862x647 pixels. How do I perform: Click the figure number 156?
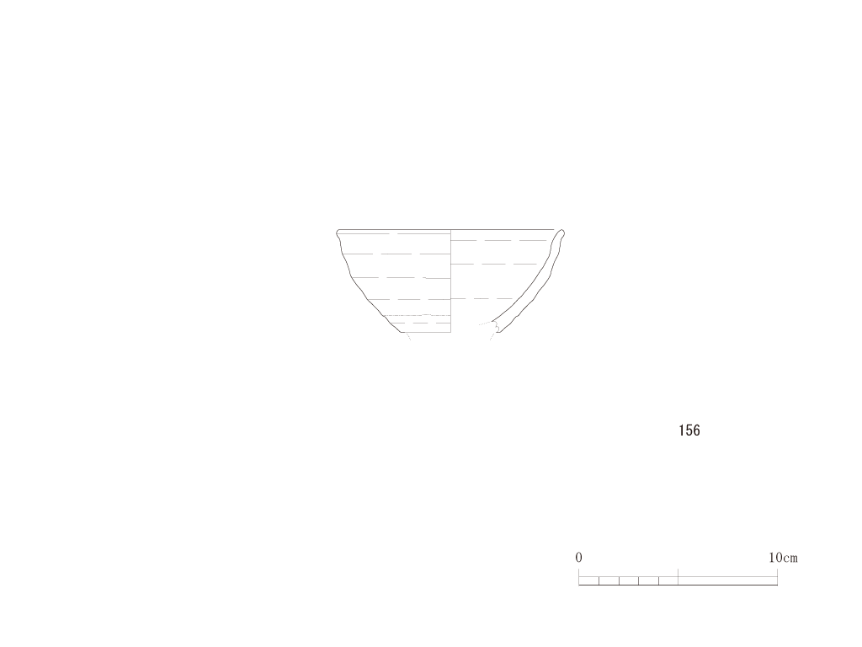(x=689, y=430)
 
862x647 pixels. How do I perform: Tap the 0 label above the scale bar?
(x=578, y=558)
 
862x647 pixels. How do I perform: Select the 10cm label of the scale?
(x=783, y=558)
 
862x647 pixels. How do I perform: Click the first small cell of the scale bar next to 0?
(x=588, y=580)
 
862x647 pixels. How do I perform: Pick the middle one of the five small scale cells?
(x=629, y=580)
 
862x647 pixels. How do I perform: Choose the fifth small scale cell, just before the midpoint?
(x=668, y=580)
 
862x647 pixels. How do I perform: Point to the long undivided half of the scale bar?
(x=728, y=580)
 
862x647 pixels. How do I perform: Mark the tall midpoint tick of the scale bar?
(x=678, y=576)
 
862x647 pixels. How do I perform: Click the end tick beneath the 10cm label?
(x=777, y=576)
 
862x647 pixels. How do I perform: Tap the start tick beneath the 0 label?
(x=579, y=576)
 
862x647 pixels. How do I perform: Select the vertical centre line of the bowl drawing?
(x=451, y=281)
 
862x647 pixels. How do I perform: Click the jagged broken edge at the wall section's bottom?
(x=497, y=327)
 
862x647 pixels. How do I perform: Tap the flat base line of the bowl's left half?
(x=426, y=332)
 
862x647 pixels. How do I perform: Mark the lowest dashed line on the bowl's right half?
(x=482, y=299)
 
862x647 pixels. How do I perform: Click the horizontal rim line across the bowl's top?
(x=446, y=229)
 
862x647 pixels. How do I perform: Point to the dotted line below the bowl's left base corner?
(x=408, y=336)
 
